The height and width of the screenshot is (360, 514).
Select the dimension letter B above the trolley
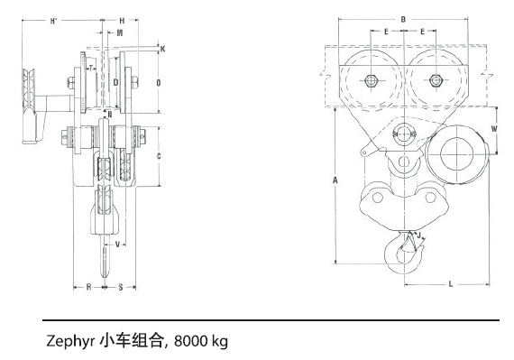tap(403, 17)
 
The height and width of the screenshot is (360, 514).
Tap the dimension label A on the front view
tap(335, 180)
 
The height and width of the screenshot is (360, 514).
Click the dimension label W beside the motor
tap(494, 128)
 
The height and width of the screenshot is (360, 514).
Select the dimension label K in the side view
tap(162, 48)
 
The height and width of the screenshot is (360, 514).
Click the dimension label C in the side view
tap(159, 156)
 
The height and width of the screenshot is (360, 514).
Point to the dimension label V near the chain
tap(117, 244)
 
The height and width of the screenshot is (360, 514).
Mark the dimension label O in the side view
tap(159, 82)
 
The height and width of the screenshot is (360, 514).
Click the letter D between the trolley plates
tap(115, 82)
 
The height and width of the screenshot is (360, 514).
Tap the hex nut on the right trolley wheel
tap(435, 79)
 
